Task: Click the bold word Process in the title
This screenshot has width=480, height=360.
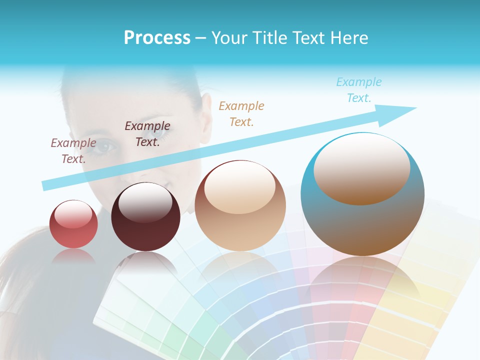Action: click(x=157, y=38)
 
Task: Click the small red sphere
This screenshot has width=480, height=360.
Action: click(x=73, y=224)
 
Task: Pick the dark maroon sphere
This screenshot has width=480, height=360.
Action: click(x=145, y=217)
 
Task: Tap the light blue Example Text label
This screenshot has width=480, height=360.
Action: click(x=358, y=90)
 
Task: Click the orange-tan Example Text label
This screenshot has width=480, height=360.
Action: click(x=241, y=113)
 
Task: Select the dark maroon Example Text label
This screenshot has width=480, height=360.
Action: click(x=147, y=134)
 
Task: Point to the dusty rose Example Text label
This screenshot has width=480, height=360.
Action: click(x=73, y=150)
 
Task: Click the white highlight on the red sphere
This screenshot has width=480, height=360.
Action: click(x=73, y=214)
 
